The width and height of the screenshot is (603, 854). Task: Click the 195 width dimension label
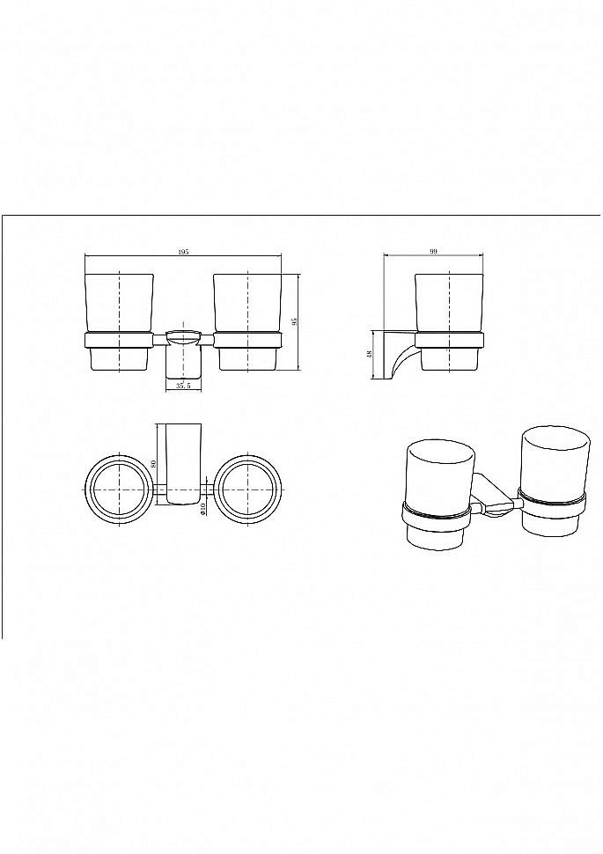(x=184, y=252)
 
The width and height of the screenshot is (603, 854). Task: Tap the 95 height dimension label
(x=295, y=322)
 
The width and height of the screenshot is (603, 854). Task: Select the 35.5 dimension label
(x=183, y=386)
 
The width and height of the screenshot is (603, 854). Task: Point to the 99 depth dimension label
(x=434, y=252)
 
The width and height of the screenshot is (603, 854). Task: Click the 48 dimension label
(x=369, y=355)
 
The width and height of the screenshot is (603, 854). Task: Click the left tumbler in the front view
(x=120, y=322)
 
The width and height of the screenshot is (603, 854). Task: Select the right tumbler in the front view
(x=248, y=322)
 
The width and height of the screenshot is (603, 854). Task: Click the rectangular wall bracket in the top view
(x=183, y=463)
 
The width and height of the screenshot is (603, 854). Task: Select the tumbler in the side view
(x=449, y=322)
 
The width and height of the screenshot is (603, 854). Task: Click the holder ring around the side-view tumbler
(x=449, y=340)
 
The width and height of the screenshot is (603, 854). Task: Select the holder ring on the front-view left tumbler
(x=120, y=340)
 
